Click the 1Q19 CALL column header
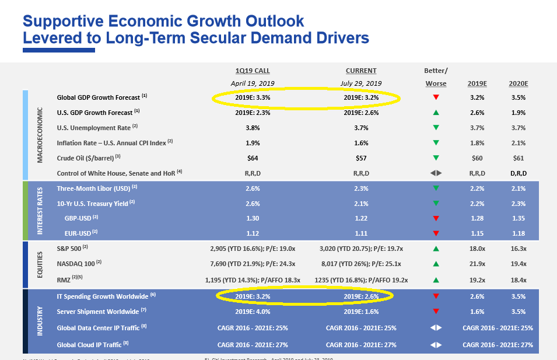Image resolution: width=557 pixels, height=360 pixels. (253, 71)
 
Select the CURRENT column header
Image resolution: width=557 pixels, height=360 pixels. (361, 71)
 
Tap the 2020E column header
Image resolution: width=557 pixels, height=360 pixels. (518, 83)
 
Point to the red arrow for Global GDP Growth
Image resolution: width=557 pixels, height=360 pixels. (436, 97)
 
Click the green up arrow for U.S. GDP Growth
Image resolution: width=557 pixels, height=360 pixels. (436, 113)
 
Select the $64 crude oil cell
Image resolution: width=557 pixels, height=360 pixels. (253, 158)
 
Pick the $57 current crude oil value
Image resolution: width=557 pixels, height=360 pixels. (361, 158)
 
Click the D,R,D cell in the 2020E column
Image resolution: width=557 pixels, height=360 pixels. (518, 173)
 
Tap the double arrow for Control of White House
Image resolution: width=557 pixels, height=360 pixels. (436, 173)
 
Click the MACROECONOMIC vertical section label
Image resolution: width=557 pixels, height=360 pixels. (40, 135)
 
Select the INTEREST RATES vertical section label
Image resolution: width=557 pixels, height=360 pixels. (40, 211)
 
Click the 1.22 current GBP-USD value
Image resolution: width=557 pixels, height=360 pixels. (361, 218)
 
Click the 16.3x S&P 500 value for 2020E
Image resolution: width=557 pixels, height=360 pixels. (518, 249)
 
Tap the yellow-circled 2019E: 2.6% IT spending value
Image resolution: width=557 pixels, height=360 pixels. (361, 296)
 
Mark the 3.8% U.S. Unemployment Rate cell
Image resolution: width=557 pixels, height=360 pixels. (253, 128)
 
